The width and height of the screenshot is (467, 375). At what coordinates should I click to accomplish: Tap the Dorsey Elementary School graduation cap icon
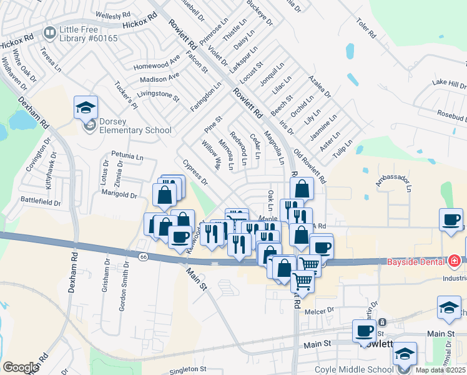[86, 107]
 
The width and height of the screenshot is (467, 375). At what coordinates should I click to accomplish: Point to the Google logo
[21, 367]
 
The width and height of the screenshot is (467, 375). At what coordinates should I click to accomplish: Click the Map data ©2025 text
[440, 370]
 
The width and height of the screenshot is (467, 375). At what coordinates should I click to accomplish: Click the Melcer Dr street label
[320, 310]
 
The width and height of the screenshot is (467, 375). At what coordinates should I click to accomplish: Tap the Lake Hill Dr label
[449, 84]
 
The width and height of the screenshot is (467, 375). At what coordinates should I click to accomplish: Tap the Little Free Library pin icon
[49, 32]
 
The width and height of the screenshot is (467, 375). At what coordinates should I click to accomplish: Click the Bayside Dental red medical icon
[455, 261]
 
